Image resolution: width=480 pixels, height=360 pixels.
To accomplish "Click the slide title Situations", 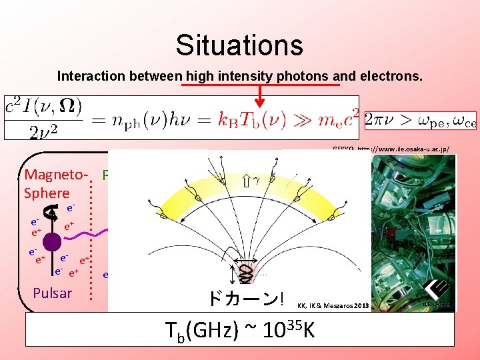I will point(239,45).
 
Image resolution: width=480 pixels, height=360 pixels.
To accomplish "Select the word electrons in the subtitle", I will point(394,76).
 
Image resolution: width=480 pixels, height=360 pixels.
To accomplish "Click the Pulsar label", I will point(52,293).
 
